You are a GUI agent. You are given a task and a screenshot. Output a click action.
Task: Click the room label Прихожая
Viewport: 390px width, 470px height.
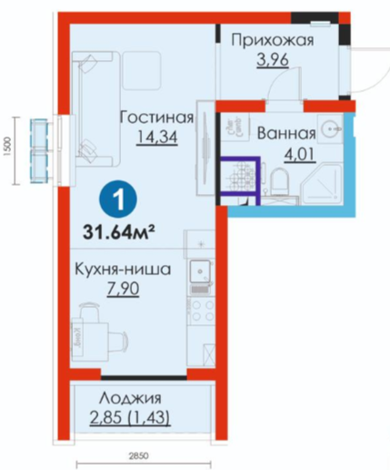coord(273,41)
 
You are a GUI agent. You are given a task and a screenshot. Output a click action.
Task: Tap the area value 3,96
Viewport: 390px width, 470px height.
coord(273,60)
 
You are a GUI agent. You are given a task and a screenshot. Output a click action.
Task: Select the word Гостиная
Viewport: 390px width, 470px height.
coord(156,117)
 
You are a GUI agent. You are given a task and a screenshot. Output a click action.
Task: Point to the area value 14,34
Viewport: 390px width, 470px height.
coord(157,137)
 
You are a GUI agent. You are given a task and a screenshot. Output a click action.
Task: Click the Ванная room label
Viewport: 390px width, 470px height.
coord(286,133)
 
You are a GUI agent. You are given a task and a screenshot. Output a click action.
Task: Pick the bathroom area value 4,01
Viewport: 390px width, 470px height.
coord(300,154)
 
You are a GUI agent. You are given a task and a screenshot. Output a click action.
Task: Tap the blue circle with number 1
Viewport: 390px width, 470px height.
coord(118,199)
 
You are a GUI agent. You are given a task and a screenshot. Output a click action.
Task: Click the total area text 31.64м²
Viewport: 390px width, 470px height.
coord(119,233)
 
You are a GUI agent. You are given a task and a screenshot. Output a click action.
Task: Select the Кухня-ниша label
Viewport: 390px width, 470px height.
coord(123,270)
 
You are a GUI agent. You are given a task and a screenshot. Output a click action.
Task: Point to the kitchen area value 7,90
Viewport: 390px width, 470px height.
coord(123,289)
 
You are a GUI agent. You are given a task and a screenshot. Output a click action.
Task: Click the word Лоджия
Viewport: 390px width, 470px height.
coord(131,398)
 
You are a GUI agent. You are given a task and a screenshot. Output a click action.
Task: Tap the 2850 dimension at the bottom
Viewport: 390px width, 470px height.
coord(138,455)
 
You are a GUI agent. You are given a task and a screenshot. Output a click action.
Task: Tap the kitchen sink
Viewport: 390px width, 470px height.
coord(200,271)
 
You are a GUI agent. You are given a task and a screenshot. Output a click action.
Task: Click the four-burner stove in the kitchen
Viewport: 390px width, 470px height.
coord(201,312)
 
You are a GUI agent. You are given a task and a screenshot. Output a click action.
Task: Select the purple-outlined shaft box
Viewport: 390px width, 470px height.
coord(240,180)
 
